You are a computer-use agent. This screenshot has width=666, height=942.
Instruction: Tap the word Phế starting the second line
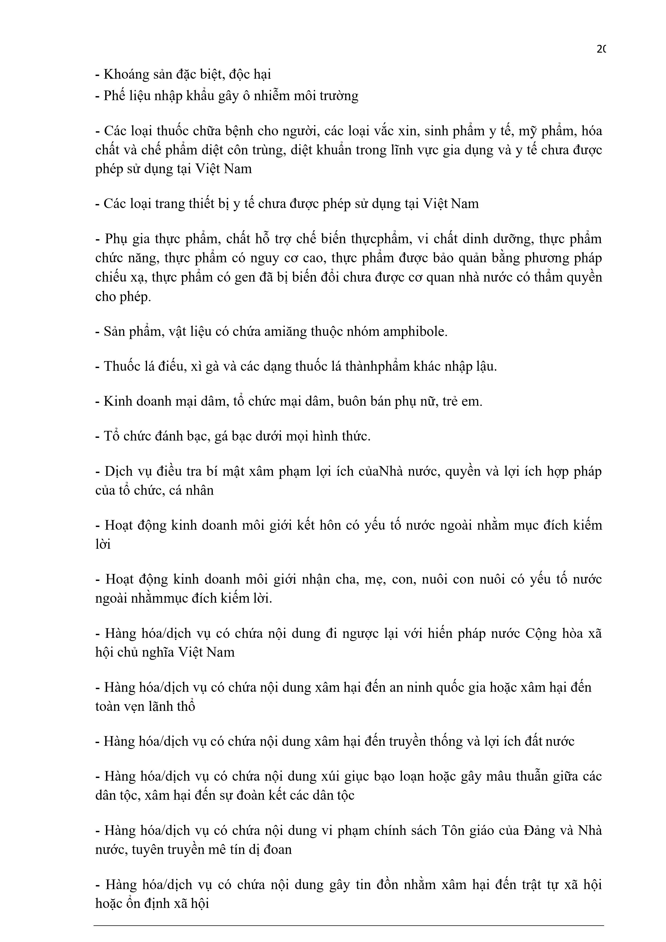coord(114,96)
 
